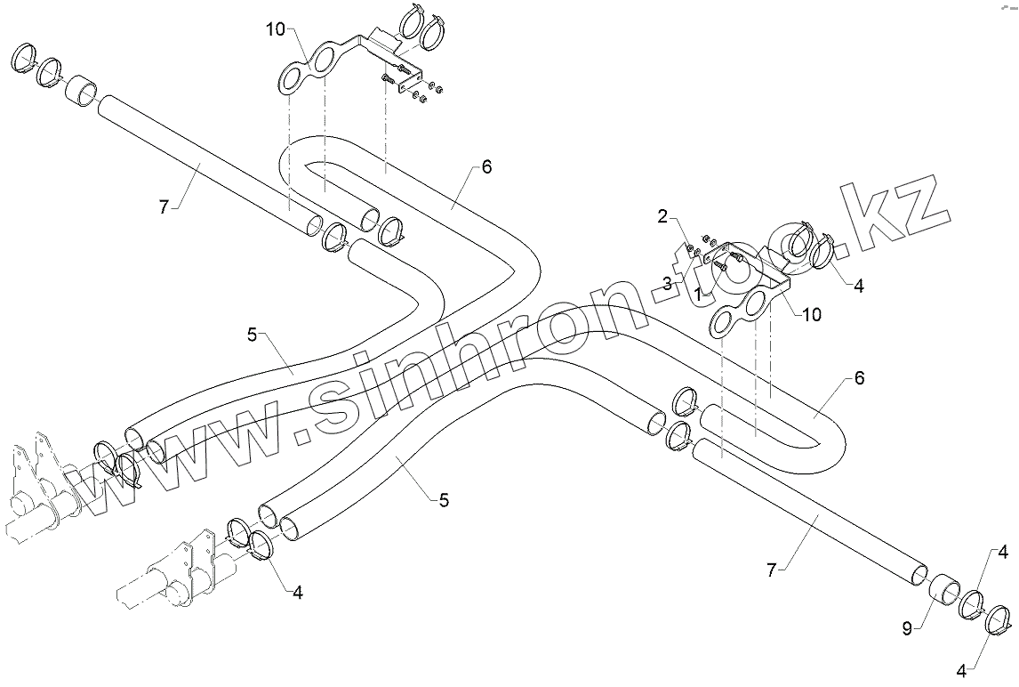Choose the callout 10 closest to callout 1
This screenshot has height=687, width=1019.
[812, 313]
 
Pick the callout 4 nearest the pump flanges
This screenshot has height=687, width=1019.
[297, 592]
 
